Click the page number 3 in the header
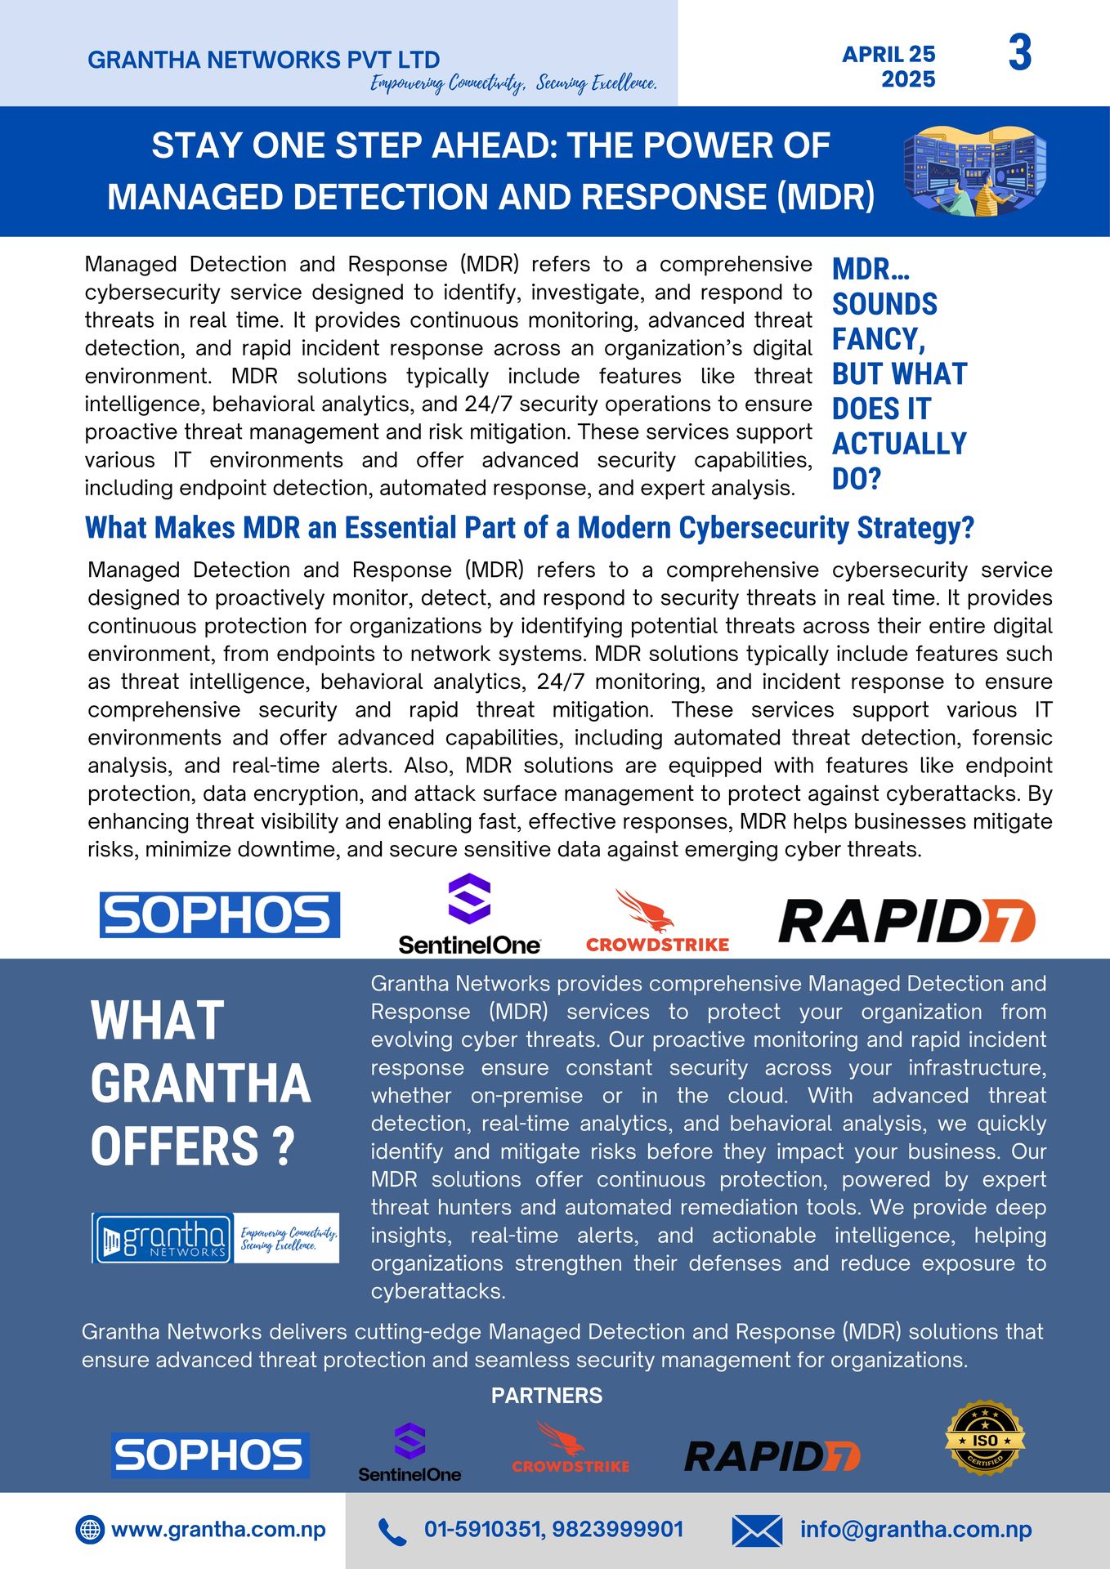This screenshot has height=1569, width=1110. click(x=1019, y=53)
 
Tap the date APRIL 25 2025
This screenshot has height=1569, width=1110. click(x=889, y=66)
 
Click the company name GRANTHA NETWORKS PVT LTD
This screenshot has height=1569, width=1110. click(x=263, y=60)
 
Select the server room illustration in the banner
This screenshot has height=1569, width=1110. click(x=974, y=172)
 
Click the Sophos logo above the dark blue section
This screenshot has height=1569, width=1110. click(x=219, y=914)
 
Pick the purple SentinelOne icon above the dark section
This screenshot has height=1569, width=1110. click(x=469, y=899)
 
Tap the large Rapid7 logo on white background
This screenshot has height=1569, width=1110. click(x=906, y=921)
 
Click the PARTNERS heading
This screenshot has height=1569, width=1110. click(x=546, y=1396)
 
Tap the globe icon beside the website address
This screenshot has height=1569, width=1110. click(x=90, y=1529)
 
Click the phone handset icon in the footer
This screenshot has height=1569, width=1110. click(x=392, y=1531)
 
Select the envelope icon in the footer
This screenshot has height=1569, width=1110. click(x=756, y=1531)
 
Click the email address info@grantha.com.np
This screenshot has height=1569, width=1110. click(x=915, y=1529)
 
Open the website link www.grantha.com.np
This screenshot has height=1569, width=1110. click(x=218, y=1529)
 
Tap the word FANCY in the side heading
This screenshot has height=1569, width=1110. click(x=877, y=338)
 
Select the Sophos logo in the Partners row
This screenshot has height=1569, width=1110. click(x=210, y=1455)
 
